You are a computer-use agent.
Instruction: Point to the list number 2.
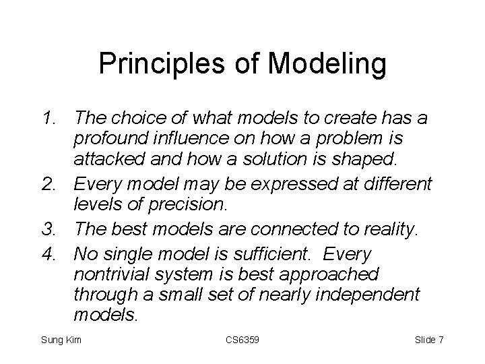point(51,183)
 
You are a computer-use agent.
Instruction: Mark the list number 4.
point(51,253)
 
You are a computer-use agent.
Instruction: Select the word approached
point(331,275)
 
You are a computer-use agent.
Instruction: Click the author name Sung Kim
point(61,340)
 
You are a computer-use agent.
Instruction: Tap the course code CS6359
point(242,340)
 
